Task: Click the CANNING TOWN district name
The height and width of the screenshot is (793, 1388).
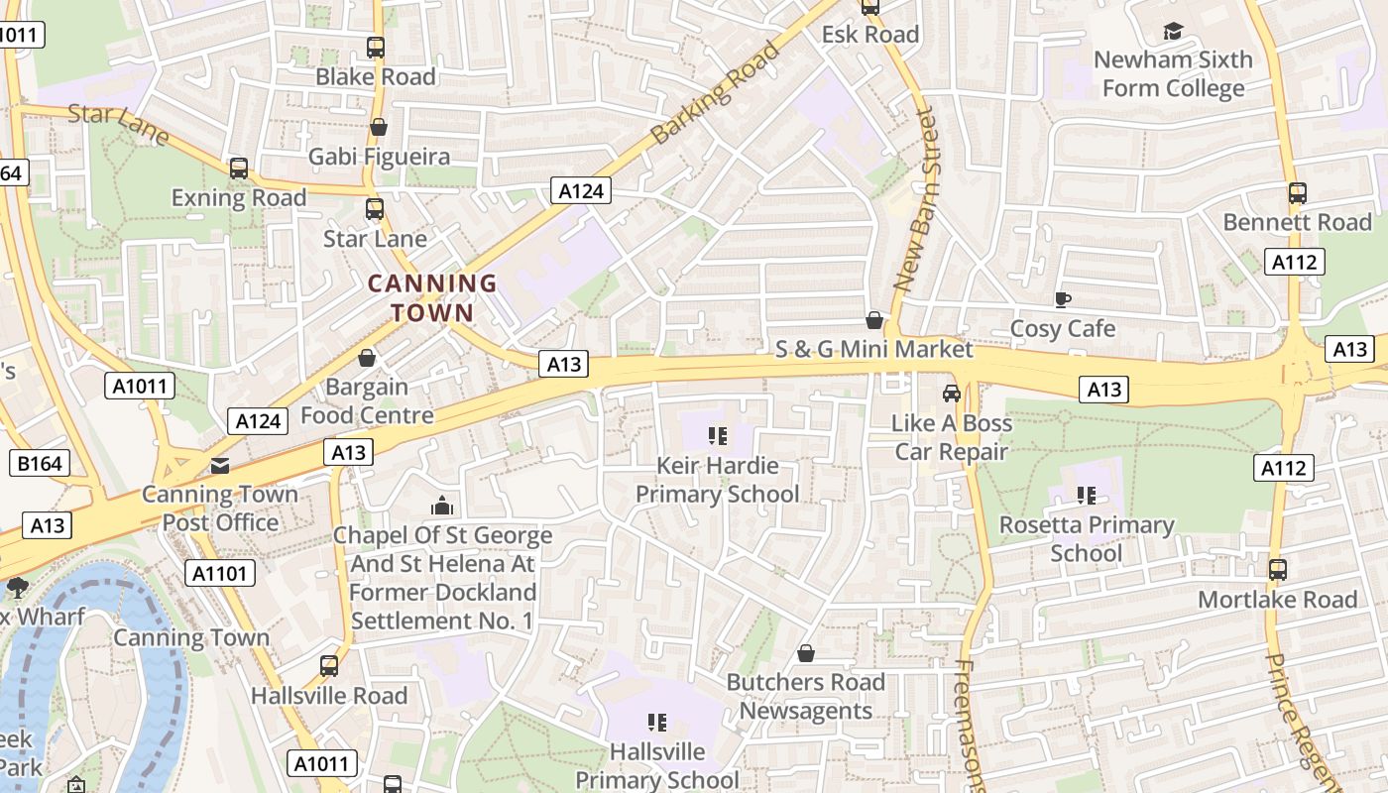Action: pos(431,297)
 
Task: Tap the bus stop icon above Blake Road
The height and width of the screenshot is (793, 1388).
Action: pos(375,47)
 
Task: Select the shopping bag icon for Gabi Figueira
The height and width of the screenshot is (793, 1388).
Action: pos(378,127)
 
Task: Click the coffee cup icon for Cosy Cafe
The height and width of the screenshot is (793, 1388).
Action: pos(1063,299)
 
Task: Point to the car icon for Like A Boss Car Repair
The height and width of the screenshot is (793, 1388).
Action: pos(952,394)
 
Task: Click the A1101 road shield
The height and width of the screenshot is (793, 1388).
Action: pos(220,573)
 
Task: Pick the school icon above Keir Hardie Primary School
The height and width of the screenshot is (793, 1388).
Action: pos(718,436)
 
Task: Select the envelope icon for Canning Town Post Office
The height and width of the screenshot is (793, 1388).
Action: pos(219,465)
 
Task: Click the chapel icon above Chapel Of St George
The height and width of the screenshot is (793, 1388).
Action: pos(442,507)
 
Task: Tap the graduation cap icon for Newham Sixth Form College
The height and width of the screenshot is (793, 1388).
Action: pos(1173,32)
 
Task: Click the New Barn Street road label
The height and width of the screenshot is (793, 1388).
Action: pos(915,198)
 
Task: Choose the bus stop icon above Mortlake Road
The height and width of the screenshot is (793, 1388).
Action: pos(1278,570)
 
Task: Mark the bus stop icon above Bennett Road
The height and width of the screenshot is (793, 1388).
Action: pos(1297,192)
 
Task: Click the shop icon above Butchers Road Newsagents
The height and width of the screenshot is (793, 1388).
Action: pos(806,653)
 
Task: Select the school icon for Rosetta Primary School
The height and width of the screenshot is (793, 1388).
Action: pos(1086,495)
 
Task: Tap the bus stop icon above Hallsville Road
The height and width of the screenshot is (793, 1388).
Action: pos(329,666)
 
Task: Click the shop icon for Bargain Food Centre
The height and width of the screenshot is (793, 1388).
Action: pos(367,358)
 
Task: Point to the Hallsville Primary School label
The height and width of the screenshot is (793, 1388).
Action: pos(657,765)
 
